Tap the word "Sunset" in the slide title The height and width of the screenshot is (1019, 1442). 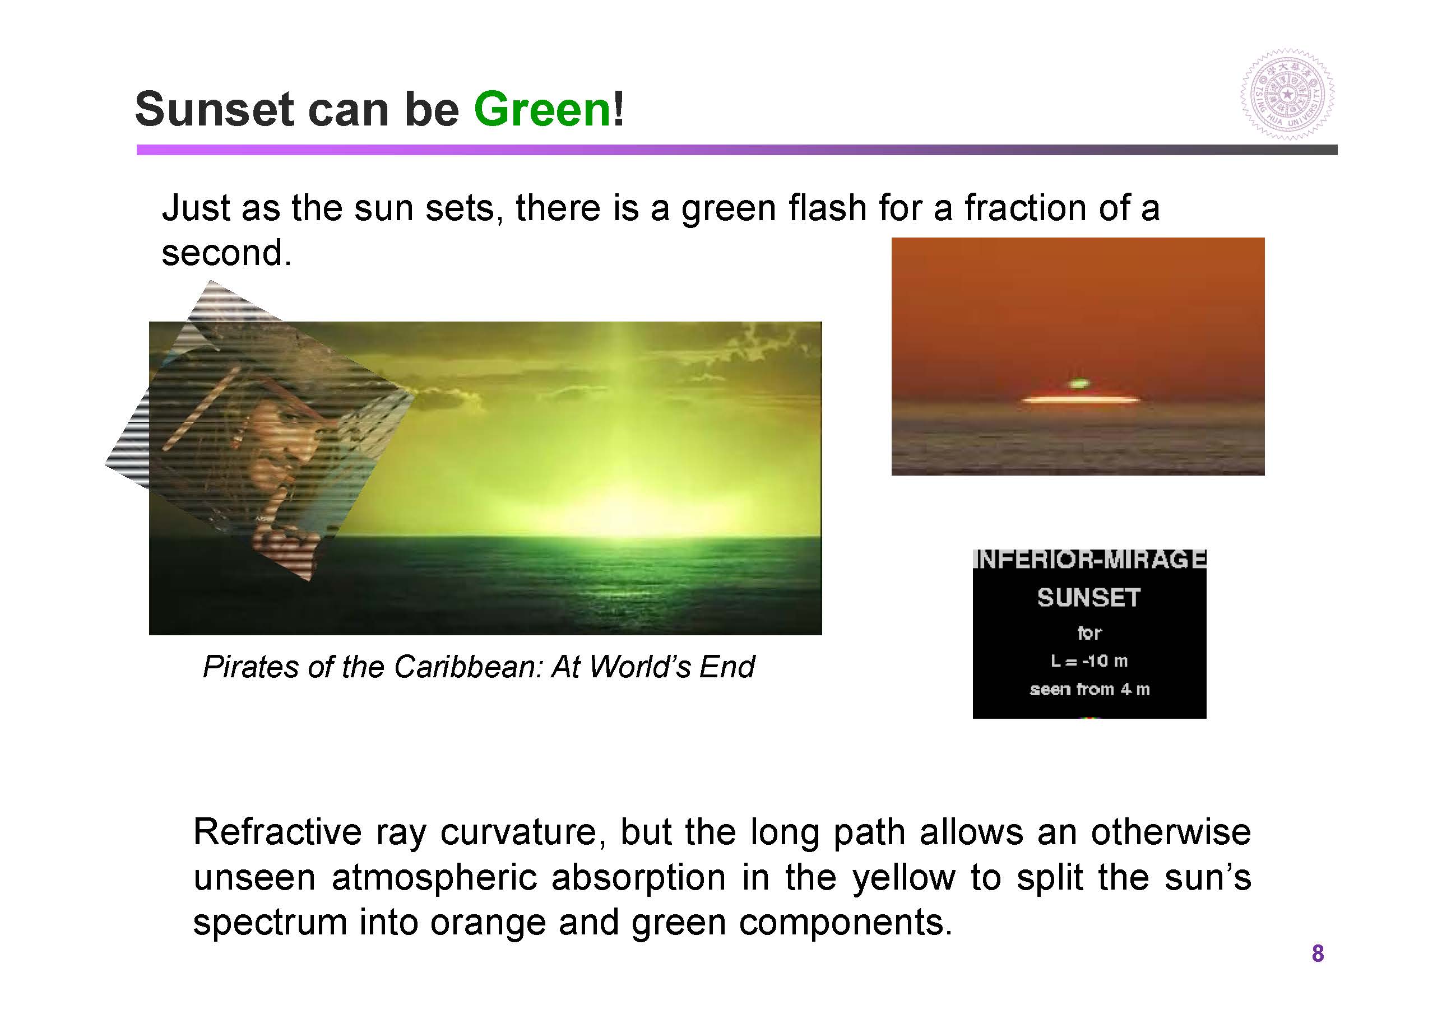click(214, 109)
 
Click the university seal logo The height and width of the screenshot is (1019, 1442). click(1287, 95)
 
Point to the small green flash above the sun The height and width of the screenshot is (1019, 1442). click(1078, 383)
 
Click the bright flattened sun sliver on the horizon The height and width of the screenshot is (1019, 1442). click(1081, 399)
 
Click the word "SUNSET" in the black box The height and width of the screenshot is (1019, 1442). click(1089, 597)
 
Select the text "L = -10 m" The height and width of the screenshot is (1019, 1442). click(1089, 661)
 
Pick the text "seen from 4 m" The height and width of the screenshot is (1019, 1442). click(1089, 690)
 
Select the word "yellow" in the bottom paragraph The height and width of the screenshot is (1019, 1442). click(903, 877)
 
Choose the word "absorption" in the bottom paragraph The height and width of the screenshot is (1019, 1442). click(638, 878)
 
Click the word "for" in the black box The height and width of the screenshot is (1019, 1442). click(1089, 632)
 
